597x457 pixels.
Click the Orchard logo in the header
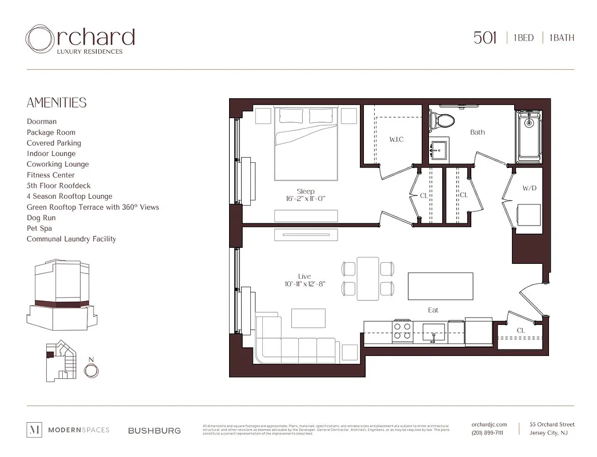click(x=80, y=39)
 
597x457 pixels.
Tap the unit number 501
click(x=485, y=38)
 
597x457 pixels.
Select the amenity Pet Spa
click(x=39, y=228)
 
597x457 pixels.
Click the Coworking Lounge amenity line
click(x=58, y=164)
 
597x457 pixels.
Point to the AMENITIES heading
click(x=57, y=103)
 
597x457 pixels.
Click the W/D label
click(x=530, y=189)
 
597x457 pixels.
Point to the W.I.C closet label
click(x=396, y=139)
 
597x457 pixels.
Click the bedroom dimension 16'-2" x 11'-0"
click(x=306, y=199)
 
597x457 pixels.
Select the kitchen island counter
click(x=440, y=286)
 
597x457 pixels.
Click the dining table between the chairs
click(x=368, y=278)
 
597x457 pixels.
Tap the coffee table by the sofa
click(x=308, y=318)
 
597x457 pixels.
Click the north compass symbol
click(x=91, y=371)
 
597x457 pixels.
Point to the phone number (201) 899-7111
click(x=487, y=433)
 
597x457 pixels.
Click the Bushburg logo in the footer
click(x=154, y=430)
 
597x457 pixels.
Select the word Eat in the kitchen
click(x=433, y=310)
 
